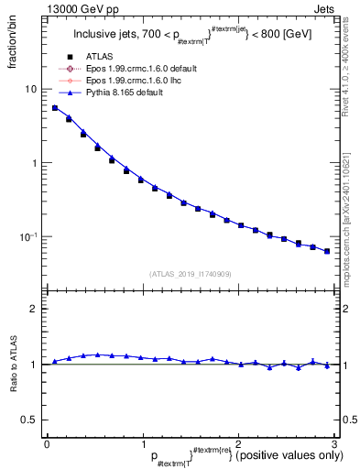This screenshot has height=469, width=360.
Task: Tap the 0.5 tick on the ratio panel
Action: pyautogui.click(x=30, y=420)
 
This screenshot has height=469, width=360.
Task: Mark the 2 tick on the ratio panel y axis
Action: pyautogui.click(x=34, y=309)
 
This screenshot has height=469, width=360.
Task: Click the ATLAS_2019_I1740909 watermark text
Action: pyautogui.click(x=190, y=274)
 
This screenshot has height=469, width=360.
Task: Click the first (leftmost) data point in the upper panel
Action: pyautogui.click(x=55, y=108)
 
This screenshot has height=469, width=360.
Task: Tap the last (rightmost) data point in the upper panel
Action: pyautogui.click(x=327, y=250)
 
